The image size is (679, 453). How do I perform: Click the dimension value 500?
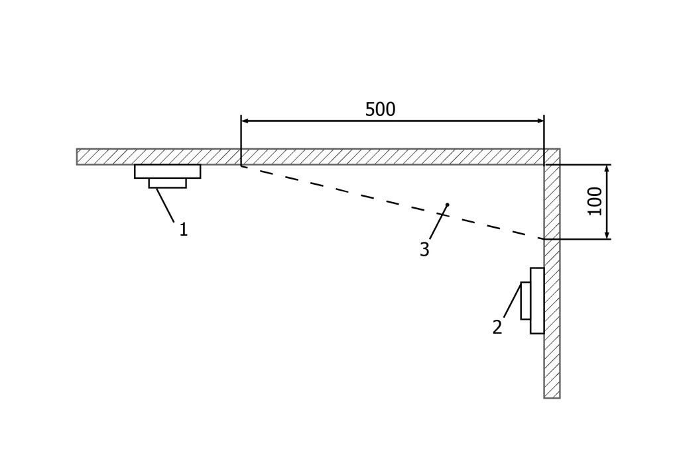pyautogui.click(x=380, y=109)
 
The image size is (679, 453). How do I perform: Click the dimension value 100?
pyautogui.click(x=595, y=201)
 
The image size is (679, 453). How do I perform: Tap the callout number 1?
pyautogui.click(x=184, y=230)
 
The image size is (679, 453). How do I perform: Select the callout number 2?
pyautogui.click(x=497, y=327)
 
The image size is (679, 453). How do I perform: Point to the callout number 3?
pyautogui.click(x=424, y=250)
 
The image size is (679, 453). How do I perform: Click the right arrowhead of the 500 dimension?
pyautogui.click(x=540, y=121)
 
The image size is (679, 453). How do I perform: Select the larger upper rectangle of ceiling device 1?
pyautogui.click(x=167, y=172)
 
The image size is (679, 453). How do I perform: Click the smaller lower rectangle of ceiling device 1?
pyautogui.click(x=167, y=183)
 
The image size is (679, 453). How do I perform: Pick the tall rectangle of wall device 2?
pyautogui.click(x=537, y=301)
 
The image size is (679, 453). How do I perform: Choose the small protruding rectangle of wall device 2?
pyautogui.click(x=525, y=301)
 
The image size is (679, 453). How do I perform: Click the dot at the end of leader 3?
pyautogui.click(x=448, y=205)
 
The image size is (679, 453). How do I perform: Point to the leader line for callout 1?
pyautogui.click(x=166, y=205)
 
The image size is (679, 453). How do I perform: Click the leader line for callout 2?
pyautogui.click(x=512, y=301)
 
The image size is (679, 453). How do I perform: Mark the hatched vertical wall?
pyautogui.click(x=552, y=318)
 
